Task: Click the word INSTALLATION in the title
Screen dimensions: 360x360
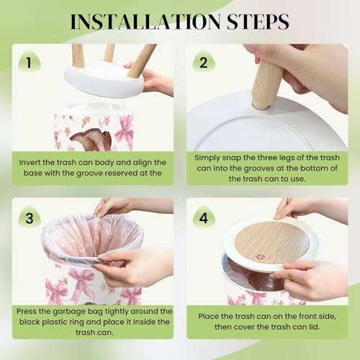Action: click(x=145, y=22)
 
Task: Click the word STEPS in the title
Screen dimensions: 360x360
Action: click(x=258, y=22)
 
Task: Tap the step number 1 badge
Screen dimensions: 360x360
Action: click(x=30, y=62)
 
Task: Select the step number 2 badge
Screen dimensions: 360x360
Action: click(x=204, y=62)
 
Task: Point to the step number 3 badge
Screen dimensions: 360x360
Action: click(x=30, y=217)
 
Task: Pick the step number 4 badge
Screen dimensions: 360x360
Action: click(x=204, y=217)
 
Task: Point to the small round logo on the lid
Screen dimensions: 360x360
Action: click(x=260, y=257)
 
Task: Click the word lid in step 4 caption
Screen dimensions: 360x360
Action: click(x=314, y=327)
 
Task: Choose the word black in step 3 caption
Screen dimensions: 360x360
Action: click(x=30, y=322)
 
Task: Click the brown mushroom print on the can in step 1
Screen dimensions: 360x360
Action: click(x=91, y=139)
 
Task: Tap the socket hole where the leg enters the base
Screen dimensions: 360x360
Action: click(x=261, y=106)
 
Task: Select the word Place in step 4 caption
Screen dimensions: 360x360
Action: click(x=208, y=316)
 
